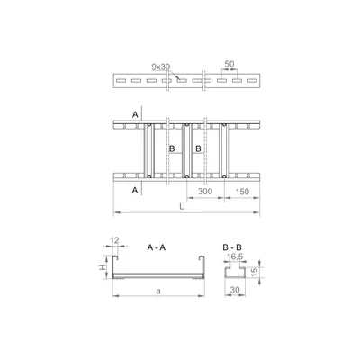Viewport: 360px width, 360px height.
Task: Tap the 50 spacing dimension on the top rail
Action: [x=231, y=66]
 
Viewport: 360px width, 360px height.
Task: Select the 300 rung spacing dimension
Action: [x=205, y=193]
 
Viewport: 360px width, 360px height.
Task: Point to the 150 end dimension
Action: [x=241, y=193]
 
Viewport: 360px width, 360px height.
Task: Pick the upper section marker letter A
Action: [x=135, y=114]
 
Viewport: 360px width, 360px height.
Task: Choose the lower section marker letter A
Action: [x=135, y=191]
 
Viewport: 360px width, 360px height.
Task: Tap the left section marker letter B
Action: [x=171, y=149]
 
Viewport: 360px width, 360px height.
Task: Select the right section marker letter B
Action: [x=197, y=149]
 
